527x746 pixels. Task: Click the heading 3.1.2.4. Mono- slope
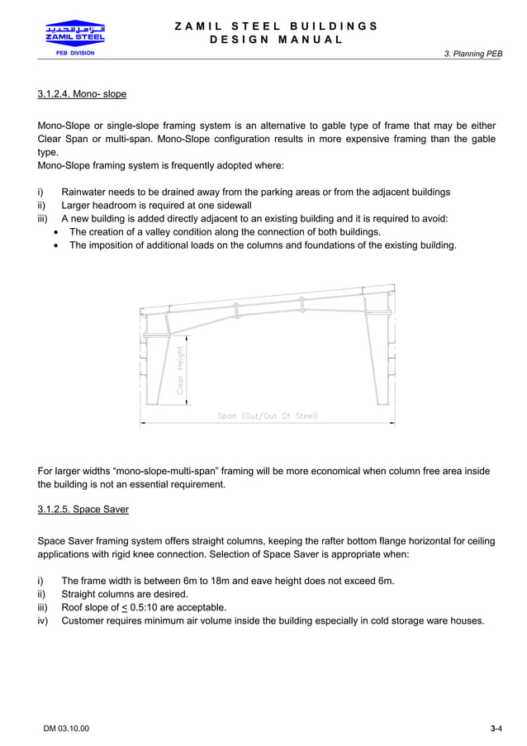coord(82,94)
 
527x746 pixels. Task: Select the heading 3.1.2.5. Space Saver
coord(83,509)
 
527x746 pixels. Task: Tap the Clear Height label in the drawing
coord(180,369)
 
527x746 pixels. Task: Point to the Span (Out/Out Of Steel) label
coord(267,416)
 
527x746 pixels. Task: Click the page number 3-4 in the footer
coord(496,728)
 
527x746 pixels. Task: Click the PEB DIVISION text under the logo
coord(74,53)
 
